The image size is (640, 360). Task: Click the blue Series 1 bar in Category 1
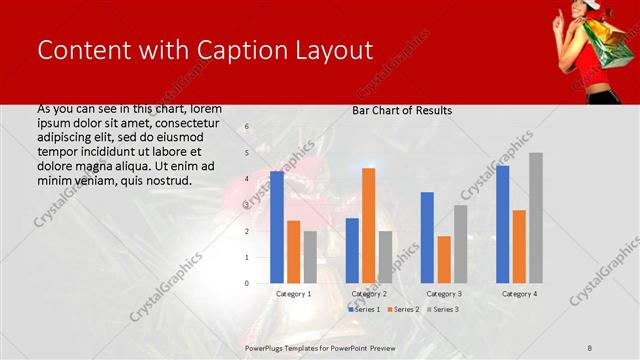pyautogui.click(x=277, y=227)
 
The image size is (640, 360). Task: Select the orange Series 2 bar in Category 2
pyautogui.click(x=369, y=225)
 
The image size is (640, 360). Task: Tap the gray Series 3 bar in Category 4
pyautogui.click(x=535, y=218)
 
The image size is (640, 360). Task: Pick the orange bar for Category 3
pyautogui.click(x=443, y=259)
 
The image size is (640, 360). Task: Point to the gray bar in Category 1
pyautogui.click(x=310, y=257)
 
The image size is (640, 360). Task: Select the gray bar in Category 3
pyautogui.click(x=460, y=244)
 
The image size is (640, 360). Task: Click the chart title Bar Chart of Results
pyautogui.click(x=402, y=110)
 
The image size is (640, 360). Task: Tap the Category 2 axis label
pyautogui.click(x=368, y=294)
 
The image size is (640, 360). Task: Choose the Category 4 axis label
pyautogui.click(x=518, y=294)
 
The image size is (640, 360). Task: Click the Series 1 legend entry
pyautogui.click(x=365, y=310)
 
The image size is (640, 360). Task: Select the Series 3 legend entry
pyautogui.click(x=445, y=310)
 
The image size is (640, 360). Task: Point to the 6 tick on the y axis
pyautogui.click(x=247, y=127)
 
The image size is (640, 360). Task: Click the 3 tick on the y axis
pyautogui.click(x=247, y=205)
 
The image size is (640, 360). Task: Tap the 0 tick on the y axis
pyautogui.click(x=247, y=283)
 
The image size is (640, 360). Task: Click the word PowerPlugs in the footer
pyautogui.click(x=268, y=348)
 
